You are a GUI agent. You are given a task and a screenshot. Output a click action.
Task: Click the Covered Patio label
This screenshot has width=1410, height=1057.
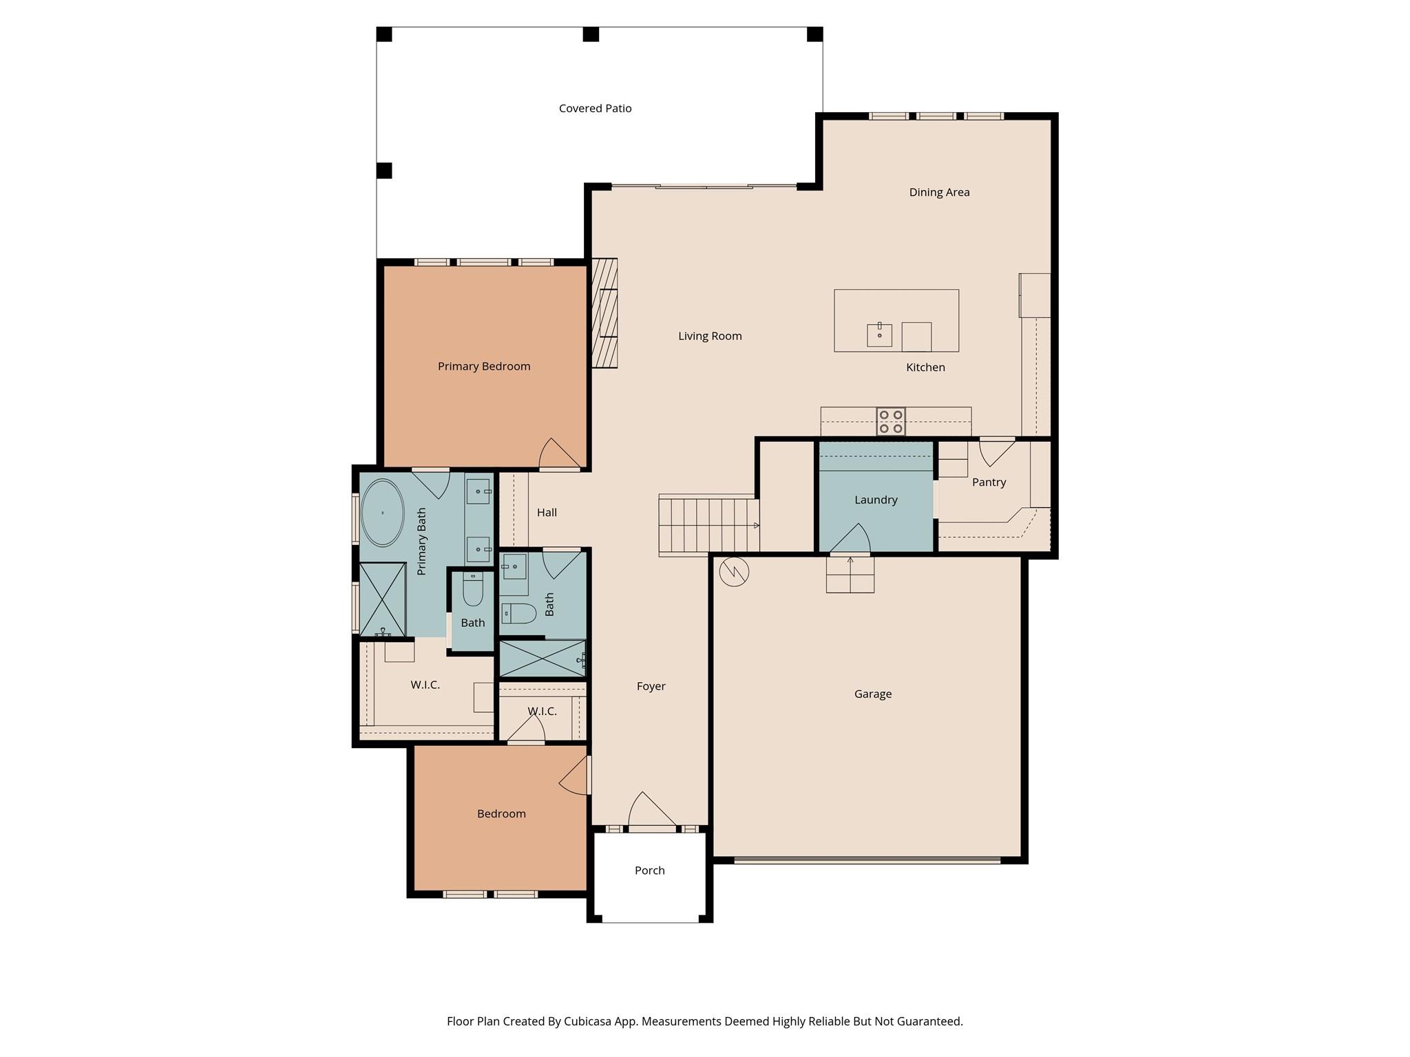595,109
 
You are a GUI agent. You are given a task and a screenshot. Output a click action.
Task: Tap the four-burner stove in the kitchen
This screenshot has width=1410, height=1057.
891,422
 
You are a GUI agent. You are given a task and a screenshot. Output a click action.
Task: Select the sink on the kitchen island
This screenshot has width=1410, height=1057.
879,335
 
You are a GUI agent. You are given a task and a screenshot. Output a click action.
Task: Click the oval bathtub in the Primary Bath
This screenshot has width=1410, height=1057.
382,513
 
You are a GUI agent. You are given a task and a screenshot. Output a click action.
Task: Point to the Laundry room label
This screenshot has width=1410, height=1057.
876,500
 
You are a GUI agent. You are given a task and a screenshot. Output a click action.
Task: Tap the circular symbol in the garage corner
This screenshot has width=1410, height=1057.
734,571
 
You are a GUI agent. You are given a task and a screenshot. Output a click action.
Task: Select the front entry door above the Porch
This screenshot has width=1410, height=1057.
652,812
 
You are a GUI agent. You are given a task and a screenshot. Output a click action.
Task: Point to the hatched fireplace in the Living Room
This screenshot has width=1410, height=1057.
604,313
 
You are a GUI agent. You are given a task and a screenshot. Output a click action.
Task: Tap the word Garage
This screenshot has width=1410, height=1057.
872,694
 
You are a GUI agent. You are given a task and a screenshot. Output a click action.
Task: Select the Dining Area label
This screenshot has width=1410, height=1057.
939,193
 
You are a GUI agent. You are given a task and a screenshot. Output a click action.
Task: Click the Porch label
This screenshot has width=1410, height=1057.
649,871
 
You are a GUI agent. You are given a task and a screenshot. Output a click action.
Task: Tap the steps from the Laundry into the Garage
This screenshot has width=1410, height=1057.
850,575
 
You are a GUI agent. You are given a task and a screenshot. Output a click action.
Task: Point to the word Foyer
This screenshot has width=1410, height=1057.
651,687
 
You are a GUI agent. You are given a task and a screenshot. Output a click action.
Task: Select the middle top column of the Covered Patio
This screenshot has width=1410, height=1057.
591,34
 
